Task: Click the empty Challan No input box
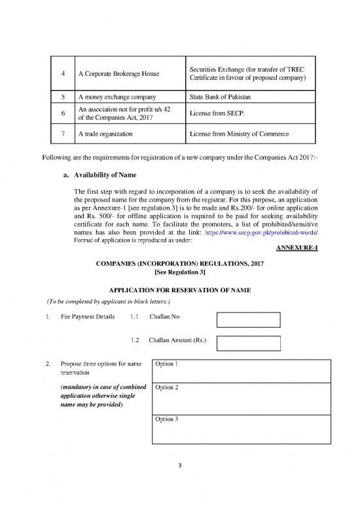[x=248, y=320]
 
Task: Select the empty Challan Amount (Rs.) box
[x=248, y=343]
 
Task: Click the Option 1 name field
[x=240, y=370]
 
